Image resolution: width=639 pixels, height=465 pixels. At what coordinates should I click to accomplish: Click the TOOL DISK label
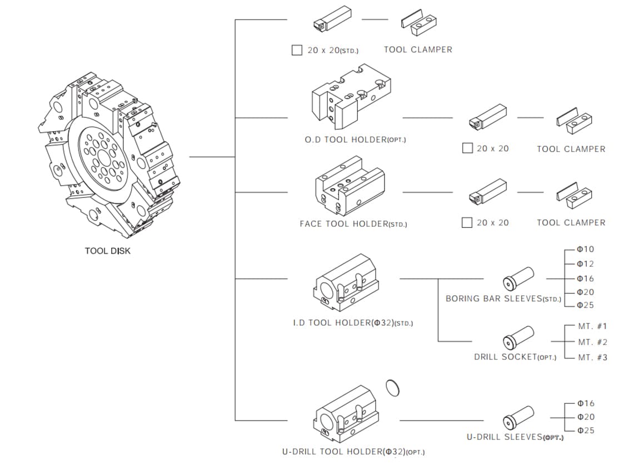click(108, 251)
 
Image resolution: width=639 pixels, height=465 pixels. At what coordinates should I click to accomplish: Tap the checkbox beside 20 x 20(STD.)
click(297, 50)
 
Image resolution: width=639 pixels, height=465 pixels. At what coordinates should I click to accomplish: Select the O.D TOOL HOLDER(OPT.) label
click(355, 140)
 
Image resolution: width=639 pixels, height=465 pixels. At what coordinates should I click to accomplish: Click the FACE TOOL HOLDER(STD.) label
click(353, 224)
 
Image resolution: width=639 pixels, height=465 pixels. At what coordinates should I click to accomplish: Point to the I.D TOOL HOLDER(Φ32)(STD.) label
click(353, 323)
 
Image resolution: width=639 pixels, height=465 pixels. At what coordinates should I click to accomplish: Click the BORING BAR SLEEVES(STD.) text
click(503, 299)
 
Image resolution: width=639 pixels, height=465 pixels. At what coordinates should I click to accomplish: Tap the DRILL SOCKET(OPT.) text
click(515, 357)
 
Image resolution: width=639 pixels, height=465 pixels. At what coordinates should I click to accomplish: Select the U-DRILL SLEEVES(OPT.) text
click(515, 437)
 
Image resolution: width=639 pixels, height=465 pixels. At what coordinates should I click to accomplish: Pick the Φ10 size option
click(585, 249)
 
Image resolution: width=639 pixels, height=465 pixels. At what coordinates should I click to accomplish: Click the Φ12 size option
click(585, 264)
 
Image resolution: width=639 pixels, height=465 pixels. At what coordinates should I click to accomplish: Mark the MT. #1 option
click(592, 327)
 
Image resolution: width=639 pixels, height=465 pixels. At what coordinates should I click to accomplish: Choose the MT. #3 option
click(592, 358)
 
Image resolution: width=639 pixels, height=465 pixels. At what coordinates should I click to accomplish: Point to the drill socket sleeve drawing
click(518, 337)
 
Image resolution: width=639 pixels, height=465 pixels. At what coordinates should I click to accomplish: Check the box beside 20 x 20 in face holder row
click(467, 223)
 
